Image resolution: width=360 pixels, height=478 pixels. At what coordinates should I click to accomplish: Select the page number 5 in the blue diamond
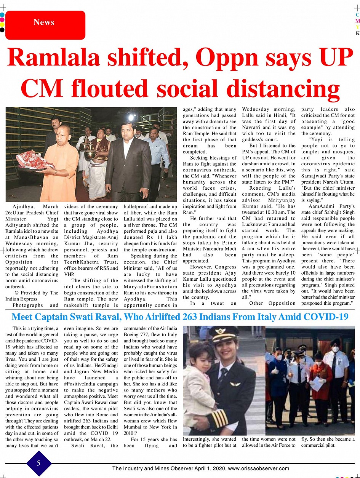[x=38, y=463]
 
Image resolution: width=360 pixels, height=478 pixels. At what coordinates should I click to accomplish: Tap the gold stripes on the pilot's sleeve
[x=219, y=419]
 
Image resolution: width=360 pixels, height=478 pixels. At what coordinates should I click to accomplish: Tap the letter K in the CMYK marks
[x=357, y=34]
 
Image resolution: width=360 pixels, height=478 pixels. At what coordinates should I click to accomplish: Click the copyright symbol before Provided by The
[x=16, y=293]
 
